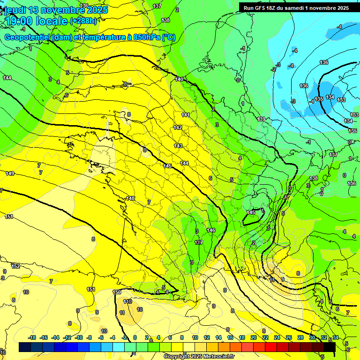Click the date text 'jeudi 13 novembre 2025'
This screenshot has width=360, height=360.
(55, 10)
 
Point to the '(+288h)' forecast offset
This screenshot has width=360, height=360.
(83, 21)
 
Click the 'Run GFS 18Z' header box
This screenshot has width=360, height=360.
(296, 8)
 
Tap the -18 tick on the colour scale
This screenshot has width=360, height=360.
(32, 337)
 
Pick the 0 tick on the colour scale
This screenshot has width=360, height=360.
(135, 337)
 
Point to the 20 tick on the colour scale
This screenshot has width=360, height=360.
(253, 337)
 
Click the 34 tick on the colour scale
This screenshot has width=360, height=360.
(336, 337)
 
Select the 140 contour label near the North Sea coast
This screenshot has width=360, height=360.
(179, 79)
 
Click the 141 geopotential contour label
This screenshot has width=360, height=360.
(186, 115)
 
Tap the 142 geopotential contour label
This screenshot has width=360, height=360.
(178, 127)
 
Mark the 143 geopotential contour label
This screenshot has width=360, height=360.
(178, 146)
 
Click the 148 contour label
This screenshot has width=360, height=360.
(130, 198)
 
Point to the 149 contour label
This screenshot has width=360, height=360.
(9, 173)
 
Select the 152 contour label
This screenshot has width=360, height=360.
(15, 266)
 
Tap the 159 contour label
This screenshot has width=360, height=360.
(117, 292)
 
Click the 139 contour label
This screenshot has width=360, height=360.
(261, 119)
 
